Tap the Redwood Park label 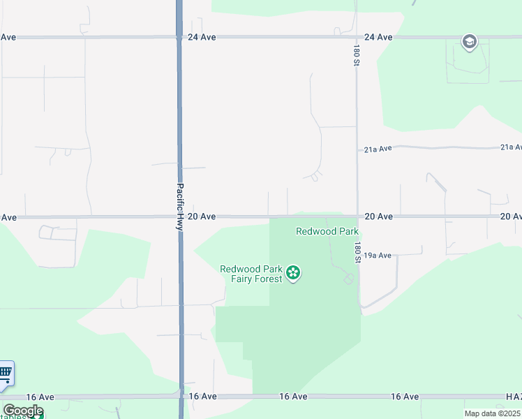pyautogui.click(x=327, y=231)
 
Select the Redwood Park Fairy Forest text pyautogui.click(x=251, y=274)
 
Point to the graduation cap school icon pyautogui.click(x=469, y=42)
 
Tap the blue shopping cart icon pyautogui.click(x=5, y=373)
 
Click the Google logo pyautogui.click(x=22, y=411)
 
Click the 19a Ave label pyautogui.click(x=378, y=256)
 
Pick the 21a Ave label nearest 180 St pyautogui.click(x=378, y=149)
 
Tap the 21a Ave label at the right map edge pyautogui.click(x=511, y=147)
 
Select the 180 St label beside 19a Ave pyautogui.click(x=357, y=253)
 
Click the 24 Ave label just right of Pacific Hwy pyautogui.click(x=202, y=37)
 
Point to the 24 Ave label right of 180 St pyautogui.click(x=378, y=37)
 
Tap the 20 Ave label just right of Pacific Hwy pyautogui.click(x=202, y=216)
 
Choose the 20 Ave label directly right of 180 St pyautogui.click(x=378, y=216)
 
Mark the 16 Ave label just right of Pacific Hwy pyautogui.click(x=202, y=396)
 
